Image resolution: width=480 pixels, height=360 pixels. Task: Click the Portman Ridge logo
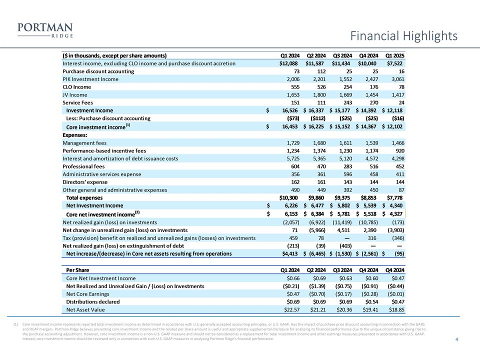[45, 30]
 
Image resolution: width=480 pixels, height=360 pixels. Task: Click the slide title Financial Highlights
[403, 36]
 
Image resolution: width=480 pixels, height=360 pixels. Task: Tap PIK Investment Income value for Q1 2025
[394, 79]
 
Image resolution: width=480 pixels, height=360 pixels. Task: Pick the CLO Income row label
[77, 87]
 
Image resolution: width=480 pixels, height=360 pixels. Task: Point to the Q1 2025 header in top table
[394, 55]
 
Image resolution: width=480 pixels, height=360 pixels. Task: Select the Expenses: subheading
[75, 135]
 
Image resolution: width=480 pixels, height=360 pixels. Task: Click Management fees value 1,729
[290, 143]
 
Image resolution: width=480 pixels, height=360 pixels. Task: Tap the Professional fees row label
[83, 166]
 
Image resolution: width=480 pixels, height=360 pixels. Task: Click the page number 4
[457, 340]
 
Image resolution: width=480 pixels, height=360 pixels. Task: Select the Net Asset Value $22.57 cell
[290, 309]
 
